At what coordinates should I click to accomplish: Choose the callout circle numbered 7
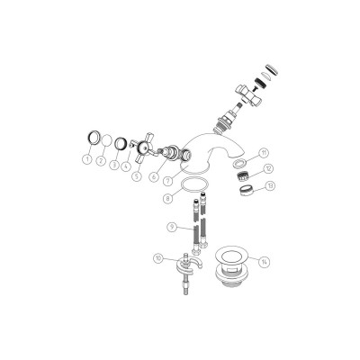(167, 181)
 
